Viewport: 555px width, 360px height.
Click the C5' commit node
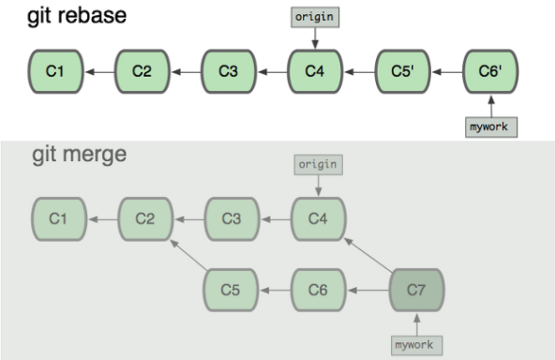click(x=403, y=71)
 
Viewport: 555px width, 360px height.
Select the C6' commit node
click(x=491, y=71)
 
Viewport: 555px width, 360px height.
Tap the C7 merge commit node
click(x=418, y=289)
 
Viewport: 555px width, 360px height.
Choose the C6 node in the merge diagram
click(x=318, y=289)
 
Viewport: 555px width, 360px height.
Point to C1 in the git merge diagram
click(x=58, y=220)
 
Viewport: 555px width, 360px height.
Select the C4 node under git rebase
click(x=315, y=71)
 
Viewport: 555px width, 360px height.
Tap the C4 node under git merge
click(x=318, y=220)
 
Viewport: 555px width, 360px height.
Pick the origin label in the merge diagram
click(x=318, y=165)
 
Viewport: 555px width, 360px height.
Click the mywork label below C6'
click(x=492, y=127)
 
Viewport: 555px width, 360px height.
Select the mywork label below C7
click(x=418, y=344)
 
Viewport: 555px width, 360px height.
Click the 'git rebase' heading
click(x=63, y=16)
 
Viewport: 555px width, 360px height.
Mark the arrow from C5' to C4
click(x=359, y=71)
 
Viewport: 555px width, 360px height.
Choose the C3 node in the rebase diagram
click(x=228, y=71)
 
